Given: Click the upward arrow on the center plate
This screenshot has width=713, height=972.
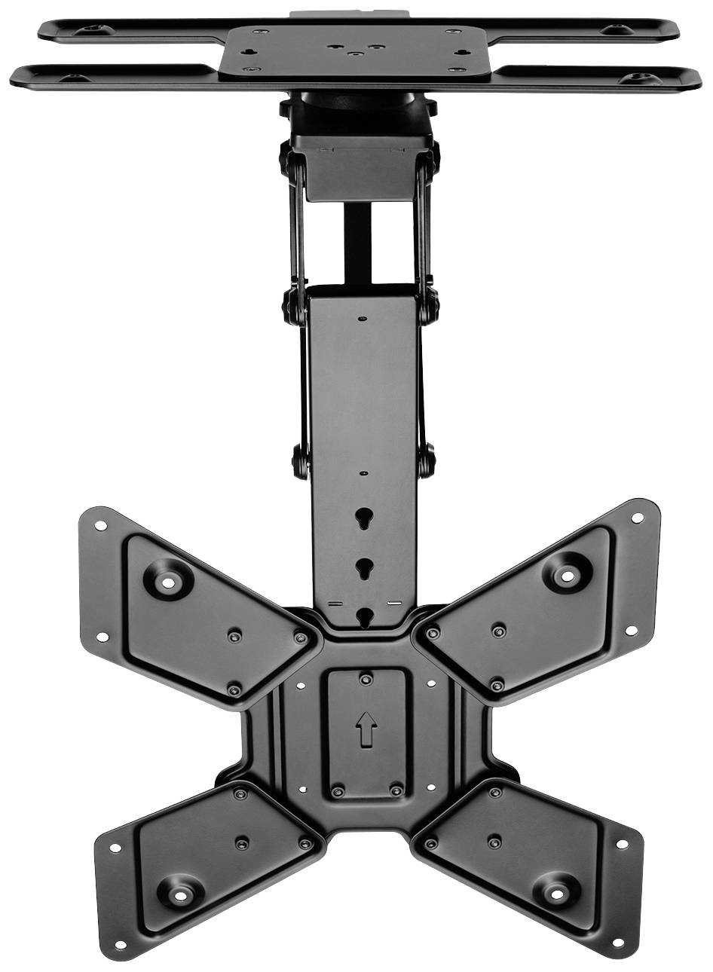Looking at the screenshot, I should (x=366, y=729).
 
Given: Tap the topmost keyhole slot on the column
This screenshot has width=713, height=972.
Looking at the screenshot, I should (x=364, y=518).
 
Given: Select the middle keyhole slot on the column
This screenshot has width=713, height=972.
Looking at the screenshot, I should (x=364, y=566).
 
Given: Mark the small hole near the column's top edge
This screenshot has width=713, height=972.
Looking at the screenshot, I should (x=364, y=318).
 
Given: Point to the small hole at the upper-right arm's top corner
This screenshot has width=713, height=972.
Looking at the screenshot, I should (x=638, y=518).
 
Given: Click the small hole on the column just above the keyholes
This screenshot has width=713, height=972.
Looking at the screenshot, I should (x=364, y=473).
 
